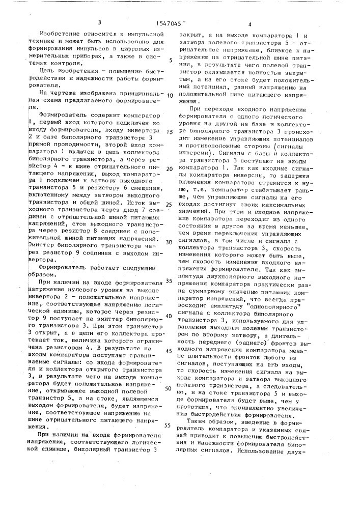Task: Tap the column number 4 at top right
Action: click(x=250, y=24)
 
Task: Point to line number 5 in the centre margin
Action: click(x=171, y=60)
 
